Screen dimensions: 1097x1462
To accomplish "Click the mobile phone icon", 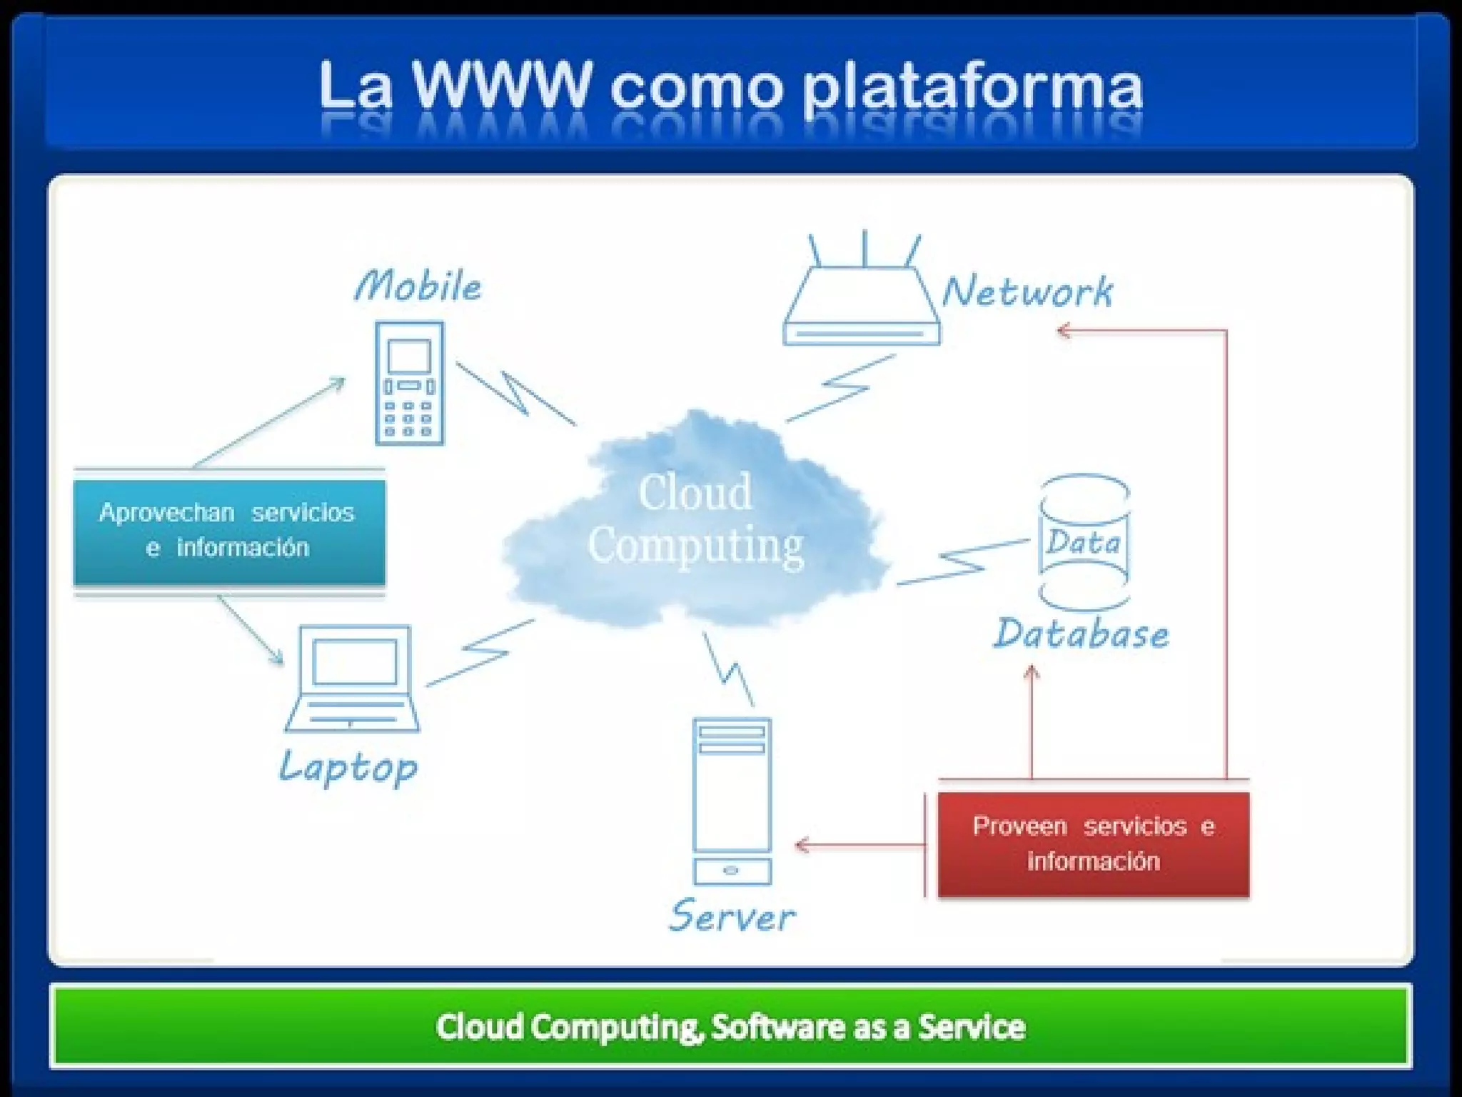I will click(x=410, y=384).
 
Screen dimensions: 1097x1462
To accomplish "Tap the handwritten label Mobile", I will click(x=418, y=286).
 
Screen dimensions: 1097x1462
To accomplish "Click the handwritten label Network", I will click(x=1027, y=291).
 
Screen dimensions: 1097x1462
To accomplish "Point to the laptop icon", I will click(x=353, y=678).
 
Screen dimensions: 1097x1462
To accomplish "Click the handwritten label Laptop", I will click(x=348, y=768).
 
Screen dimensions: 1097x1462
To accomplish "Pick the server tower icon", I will click(x=732, y=801).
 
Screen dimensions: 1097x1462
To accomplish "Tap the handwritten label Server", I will click(x=732, y=916).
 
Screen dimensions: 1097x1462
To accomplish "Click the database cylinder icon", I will click(x=1084, y=543).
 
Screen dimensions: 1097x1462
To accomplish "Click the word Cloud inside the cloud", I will click(x=695, y=492).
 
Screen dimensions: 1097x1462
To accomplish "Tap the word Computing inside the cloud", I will click(x=695, y=546).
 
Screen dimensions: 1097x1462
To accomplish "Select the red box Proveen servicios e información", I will click(x=1093, y=844).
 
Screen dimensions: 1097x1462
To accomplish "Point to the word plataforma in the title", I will click(x=972, y=89).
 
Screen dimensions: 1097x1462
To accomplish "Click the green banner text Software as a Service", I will click(x=868, y=1027).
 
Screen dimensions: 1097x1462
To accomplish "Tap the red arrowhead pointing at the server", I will click(x=801, y=846).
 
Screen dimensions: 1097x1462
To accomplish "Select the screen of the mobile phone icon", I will click(x=409, y=356).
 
